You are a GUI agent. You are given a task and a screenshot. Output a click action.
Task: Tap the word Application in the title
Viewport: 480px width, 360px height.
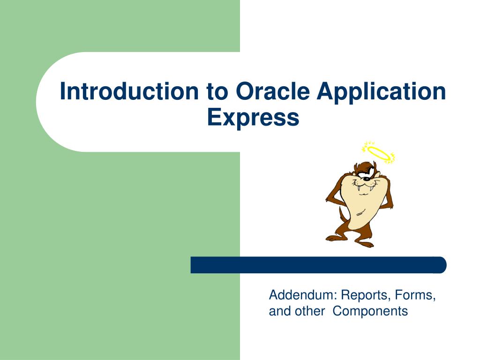(381, 92)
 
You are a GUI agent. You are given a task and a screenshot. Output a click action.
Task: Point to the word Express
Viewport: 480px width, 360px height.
(253, 117)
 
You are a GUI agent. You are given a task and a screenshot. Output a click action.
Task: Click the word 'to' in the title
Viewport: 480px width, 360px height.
(216, 92)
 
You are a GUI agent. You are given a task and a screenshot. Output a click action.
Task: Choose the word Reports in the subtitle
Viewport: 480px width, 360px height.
(366, 295)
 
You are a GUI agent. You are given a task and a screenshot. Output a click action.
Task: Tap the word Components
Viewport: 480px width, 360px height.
(370, 311)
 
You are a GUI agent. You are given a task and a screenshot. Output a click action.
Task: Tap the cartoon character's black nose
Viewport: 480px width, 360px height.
(365, 179)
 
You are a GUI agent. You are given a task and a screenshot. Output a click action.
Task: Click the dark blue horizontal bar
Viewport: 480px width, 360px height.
(319, 265)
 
